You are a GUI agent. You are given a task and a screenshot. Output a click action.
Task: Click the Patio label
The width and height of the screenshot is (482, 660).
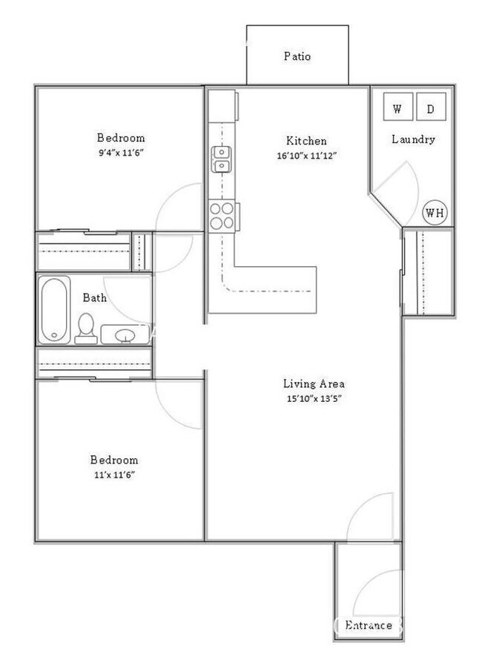[x=297, y=56]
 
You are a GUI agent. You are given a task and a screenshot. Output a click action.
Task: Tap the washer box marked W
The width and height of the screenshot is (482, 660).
[x=397, y=109]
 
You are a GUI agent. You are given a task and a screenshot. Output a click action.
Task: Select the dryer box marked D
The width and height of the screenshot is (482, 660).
[x=431, y=109]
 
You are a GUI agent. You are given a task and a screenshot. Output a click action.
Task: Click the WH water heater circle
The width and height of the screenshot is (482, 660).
[x=435, y=214]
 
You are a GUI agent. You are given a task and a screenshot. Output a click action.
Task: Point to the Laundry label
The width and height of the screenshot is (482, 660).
[x=413, y=139]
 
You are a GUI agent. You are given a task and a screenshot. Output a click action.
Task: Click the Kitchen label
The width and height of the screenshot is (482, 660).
[x=306, y=141]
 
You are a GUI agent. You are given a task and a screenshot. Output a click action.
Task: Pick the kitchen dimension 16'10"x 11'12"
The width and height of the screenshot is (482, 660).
[x=306, y=156]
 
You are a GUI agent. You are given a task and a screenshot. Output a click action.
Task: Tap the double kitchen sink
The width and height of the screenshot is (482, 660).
[x=222, y=157]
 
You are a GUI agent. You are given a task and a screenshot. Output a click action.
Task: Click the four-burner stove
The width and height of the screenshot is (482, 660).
[x=222, y=215]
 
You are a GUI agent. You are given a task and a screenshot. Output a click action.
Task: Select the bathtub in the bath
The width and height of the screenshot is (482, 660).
[x=54, y=309]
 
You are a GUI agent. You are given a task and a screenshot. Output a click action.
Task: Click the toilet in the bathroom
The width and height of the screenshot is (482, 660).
[x=86, y=328]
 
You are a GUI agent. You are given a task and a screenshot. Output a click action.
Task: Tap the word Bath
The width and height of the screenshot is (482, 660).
[x=94, y=298]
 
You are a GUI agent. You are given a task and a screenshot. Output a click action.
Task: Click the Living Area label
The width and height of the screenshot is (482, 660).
[x=314, y=384]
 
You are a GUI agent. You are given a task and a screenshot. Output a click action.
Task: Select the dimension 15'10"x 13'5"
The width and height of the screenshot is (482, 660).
[x=314, y=399]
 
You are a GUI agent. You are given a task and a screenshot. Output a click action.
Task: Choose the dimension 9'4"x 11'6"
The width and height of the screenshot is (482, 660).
[x=121, y=153]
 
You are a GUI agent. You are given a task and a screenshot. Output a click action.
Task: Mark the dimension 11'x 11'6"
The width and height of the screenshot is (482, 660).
[x=114, y=475]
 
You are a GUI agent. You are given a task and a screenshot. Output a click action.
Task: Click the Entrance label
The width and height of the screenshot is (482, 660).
[x=368, y=625]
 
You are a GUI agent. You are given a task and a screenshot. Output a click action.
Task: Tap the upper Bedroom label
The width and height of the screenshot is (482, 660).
[x=121, y=138]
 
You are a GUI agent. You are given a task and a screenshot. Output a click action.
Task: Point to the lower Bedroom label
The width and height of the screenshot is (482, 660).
[x=114, y=460]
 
